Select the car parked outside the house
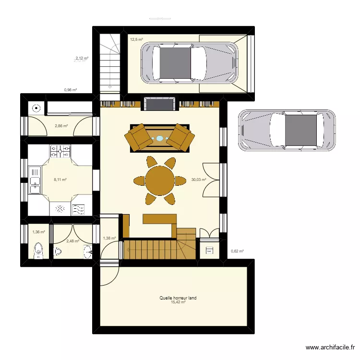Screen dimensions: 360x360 [287, 130]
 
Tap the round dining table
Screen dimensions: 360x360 [160, 180]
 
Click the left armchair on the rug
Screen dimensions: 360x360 [138, 137]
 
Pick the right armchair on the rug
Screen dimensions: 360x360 [181, 138]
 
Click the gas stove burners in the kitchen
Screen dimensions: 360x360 [60, 152]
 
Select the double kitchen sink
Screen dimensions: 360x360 [35, 180]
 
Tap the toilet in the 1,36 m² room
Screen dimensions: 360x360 [38, 250]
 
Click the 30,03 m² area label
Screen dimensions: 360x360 [198, 180]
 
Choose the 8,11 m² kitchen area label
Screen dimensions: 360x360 [60, 180]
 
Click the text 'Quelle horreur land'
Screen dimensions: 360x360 [178, 298]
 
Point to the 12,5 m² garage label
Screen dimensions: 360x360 [136, 39]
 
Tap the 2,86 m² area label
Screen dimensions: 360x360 [61, 126]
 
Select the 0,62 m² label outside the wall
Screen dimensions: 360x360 [237, 251]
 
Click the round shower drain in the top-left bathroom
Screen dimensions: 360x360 [36, 108]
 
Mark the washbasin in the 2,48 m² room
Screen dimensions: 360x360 [86, 251]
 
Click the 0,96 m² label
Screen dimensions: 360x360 [71, 90]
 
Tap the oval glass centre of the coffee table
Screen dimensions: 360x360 [159, 138]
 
